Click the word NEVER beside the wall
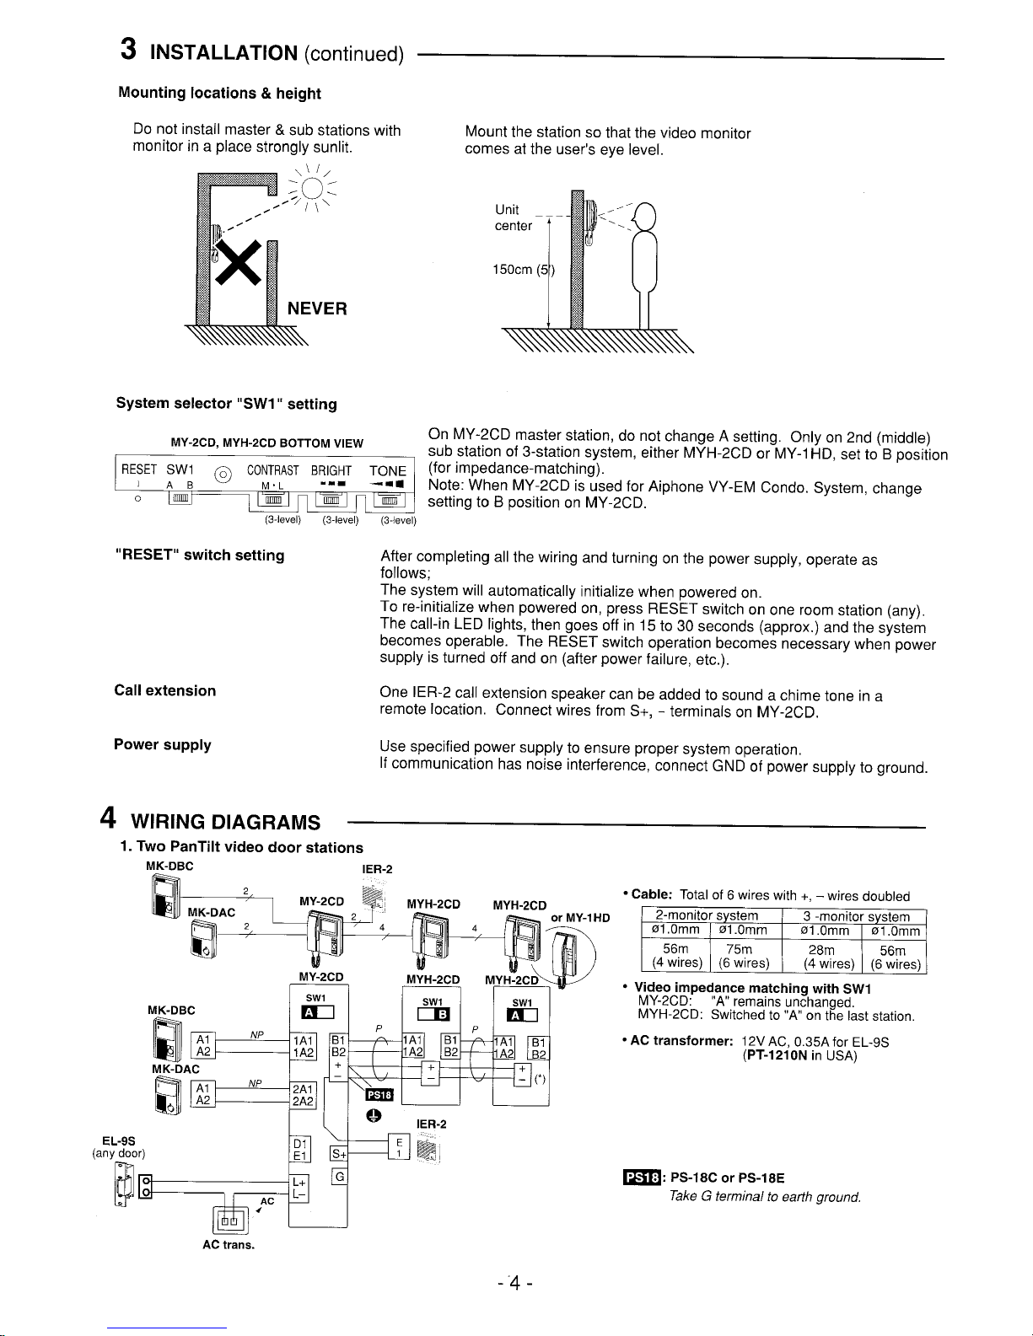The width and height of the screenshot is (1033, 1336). point(317,309)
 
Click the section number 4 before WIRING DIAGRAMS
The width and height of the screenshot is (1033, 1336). point(107,818)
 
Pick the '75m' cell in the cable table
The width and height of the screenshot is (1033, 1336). point(739,949)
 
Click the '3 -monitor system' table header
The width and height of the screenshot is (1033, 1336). point(856,916)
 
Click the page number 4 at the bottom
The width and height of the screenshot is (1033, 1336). point(513,1285)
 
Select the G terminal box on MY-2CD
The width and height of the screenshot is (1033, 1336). point(339,1176)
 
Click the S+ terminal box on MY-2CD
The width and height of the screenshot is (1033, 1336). point(339,1153)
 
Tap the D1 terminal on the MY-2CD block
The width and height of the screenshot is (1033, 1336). point(299,1144)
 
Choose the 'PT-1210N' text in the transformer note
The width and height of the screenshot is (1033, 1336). point(777,1055)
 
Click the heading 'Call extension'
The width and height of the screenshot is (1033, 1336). point(165,691)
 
